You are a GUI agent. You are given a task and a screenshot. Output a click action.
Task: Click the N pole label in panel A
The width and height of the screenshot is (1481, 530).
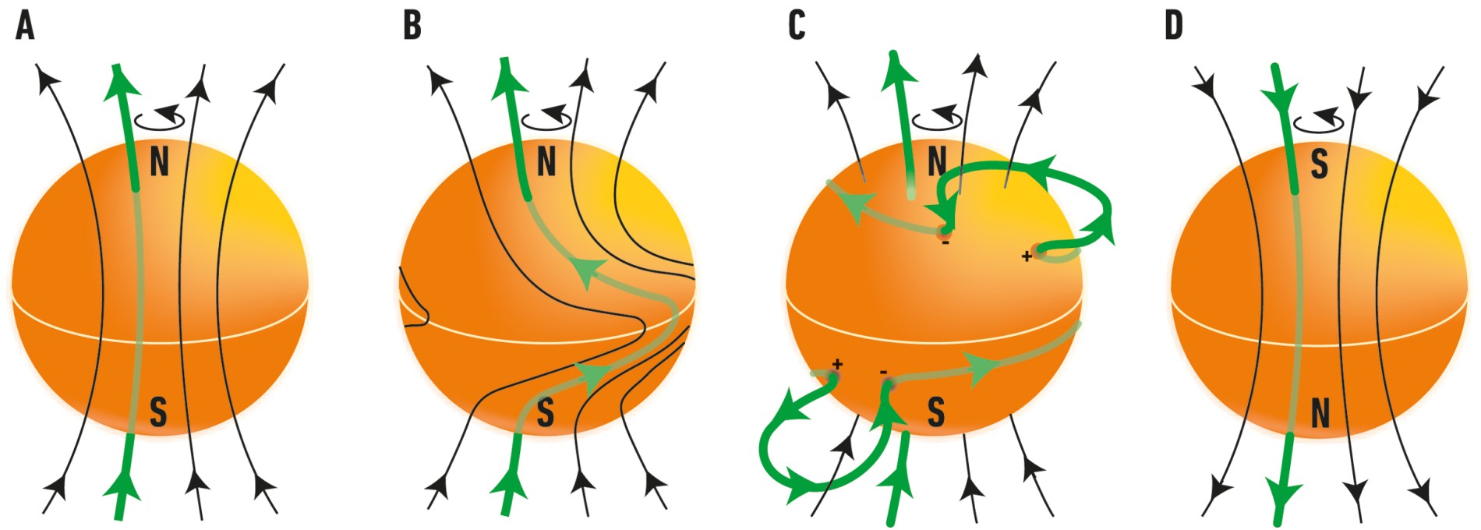(x=159, y=162)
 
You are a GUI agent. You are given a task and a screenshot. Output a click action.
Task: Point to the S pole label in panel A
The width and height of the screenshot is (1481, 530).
(x=158, y=412)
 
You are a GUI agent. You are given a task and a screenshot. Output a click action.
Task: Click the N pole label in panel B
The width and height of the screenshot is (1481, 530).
(x=546, y=162)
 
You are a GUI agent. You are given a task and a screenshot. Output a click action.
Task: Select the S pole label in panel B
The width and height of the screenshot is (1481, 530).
(x=546, y=412)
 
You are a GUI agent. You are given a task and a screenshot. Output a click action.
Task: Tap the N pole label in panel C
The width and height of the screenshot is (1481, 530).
(x=936, y=162)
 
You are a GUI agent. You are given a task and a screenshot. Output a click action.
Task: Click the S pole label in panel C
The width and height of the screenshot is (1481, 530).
(x=936, y=412)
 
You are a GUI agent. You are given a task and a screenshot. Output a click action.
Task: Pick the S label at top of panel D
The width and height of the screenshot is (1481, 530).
(x=1319, y=164)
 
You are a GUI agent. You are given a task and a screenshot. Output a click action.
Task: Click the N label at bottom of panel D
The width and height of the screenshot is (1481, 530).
(x=1320, y=414)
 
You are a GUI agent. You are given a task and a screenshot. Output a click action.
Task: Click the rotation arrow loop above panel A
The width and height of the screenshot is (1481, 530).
(x=160, y=118)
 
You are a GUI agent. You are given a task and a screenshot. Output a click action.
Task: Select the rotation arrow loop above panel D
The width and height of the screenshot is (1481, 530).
(x=1319, y=121)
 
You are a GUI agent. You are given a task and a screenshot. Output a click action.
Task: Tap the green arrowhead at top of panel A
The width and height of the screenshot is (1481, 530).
(x=118, y=83)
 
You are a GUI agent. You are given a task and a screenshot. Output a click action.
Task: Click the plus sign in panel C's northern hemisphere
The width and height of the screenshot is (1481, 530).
(x=1027, y=256)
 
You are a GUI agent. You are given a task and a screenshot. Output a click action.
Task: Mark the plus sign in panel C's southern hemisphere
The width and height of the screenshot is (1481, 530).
(x=838, y=364)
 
